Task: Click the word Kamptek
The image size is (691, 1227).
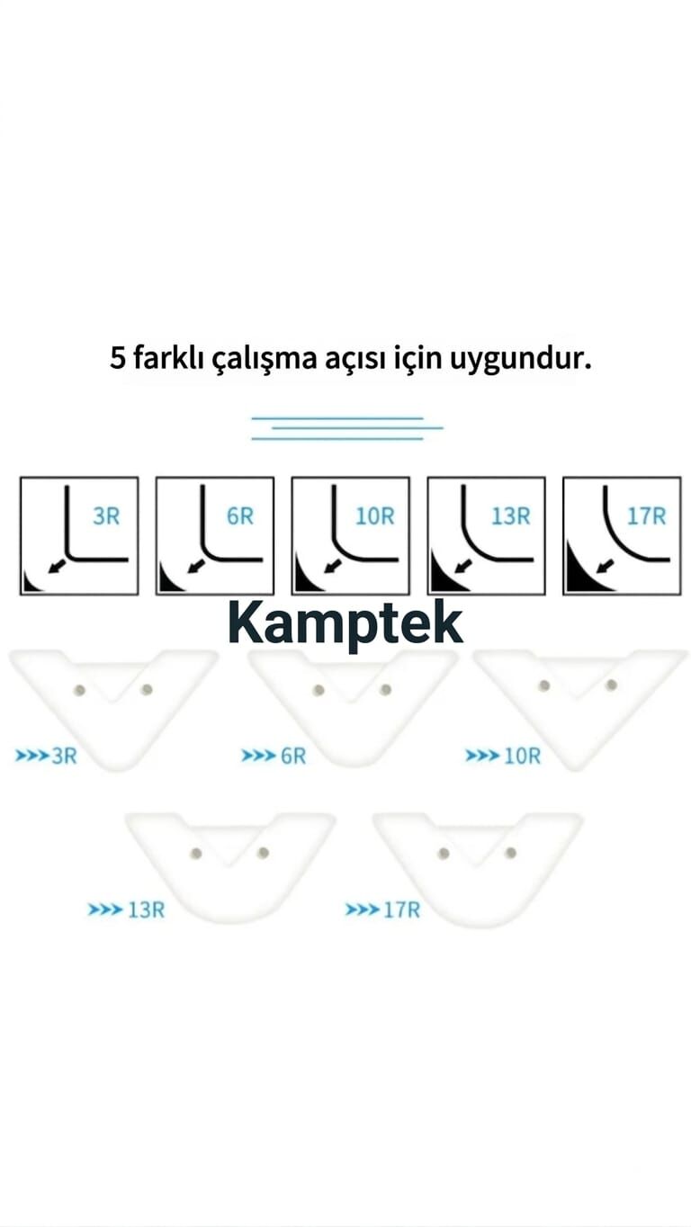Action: click(x=345, y=625)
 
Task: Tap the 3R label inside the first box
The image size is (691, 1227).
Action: click(x=106, y=516)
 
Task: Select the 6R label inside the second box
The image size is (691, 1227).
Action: click(x=240, y=516)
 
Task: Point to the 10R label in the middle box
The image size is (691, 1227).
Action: click(x=375, y=516)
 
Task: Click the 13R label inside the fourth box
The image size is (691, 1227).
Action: click(x=511, y=516)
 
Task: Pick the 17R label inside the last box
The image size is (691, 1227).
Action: click(x=647, y=516)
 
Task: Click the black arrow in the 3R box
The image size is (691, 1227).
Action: click(x=56, y=566)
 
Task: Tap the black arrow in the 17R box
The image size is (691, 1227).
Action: click(x=605, y=566)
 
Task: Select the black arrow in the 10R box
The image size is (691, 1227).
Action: click(x=332, y=566)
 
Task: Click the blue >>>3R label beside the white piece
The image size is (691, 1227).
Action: click(x=46, y=757)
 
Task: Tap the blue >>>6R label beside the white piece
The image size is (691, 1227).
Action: click(x=274, y=757)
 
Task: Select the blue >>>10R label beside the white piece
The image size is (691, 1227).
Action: click(x=503, y=757)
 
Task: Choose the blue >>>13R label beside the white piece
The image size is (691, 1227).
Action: click(x=126, y=909)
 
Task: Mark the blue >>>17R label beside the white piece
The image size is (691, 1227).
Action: click(x=382, y=909)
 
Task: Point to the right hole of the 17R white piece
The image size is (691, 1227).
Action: click(x=511, y=853)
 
